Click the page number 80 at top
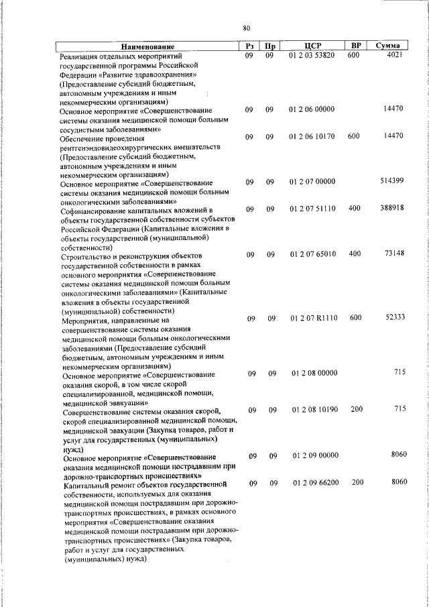246,28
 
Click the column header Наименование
147,46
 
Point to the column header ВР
357,46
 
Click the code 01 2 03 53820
312,55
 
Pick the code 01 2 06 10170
312,137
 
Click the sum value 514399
390,181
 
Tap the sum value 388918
390,209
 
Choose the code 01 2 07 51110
312,209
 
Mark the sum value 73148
393,254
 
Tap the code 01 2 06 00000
312,109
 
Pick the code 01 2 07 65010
312,254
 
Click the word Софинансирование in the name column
97,210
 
